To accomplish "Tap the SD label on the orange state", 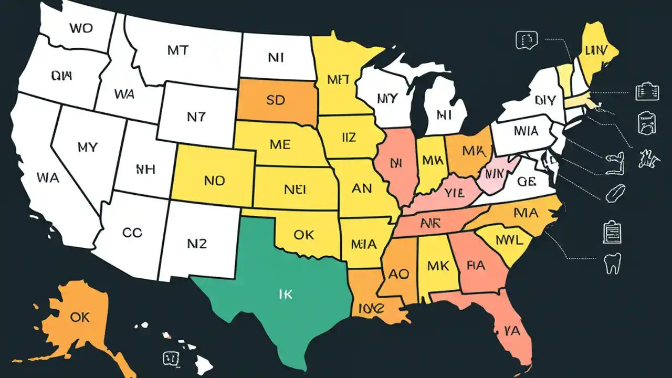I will [275, 100].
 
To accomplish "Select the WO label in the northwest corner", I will [80, 28].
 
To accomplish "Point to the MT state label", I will [178, 50].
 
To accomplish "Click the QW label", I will [62, 76].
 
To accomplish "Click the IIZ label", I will [345, 138].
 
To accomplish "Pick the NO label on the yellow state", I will [214, 181].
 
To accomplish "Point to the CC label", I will [131, 232].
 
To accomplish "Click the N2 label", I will [197, 243].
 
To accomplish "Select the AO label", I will [398, 273].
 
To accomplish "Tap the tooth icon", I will [613, 264].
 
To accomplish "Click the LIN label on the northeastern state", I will [595, 50].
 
